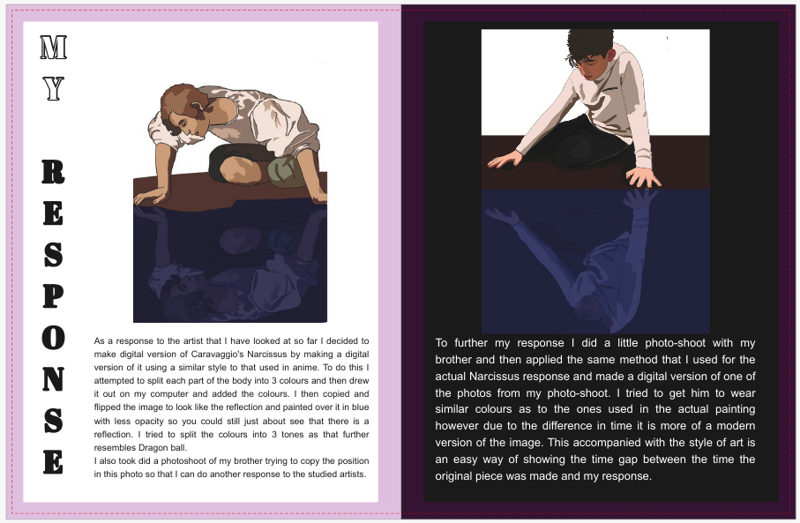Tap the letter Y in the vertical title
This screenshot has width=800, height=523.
tap(54, 88)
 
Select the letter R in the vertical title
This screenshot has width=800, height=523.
tap(54, 170)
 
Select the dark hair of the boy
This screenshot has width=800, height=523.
tap(590, 44)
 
